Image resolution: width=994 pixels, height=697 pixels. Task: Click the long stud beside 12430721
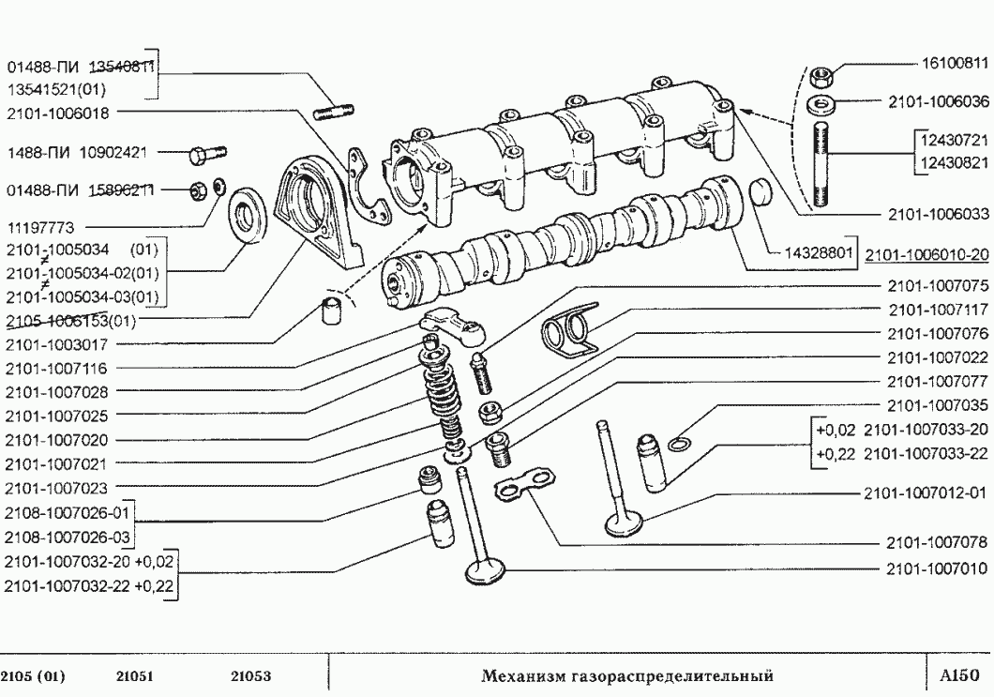coord(821,165)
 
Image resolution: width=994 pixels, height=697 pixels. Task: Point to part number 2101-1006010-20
coord(926,253)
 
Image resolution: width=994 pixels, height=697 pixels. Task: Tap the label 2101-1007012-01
coord(927,492)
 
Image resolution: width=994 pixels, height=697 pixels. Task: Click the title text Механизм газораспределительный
coord(626,675)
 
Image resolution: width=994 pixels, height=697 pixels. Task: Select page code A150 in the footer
coord(958,674)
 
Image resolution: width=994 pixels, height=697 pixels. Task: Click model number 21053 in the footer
coord(251,675)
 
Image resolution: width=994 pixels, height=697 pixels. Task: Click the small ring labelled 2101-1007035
coord(685,443)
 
